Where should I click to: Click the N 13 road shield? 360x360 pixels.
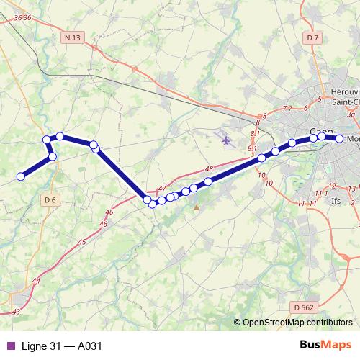point(71,37)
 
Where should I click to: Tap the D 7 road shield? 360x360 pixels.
point(312,37)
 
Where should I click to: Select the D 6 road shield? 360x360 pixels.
point(50,199)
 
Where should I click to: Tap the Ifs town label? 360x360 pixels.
point(336,201)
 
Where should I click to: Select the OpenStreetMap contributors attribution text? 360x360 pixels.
point(297,323)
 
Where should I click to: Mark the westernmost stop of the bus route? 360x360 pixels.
point(22,176)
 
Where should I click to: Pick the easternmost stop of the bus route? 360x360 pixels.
point(339,138)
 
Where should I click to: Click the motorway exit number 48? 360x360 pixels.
point(210,169)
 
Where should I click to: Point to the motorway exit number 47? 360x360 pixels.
point(161,188)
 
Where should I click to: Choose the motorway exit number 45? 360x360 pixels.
point(81,242)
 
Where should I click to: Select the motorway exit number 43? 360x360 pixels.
point(16,312)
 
